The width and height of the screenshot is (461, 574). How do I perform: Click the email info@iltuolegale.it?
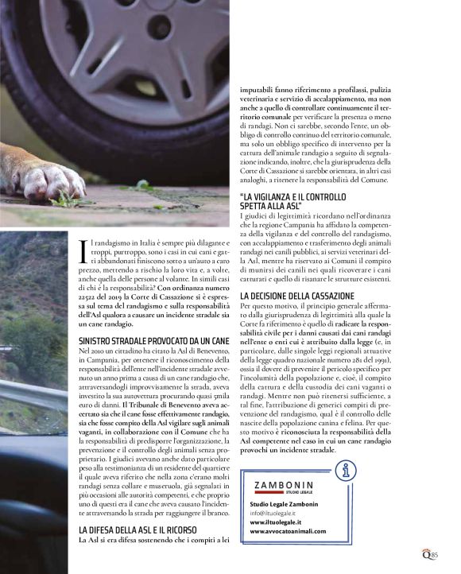pyautogui.click(x=276, y=513)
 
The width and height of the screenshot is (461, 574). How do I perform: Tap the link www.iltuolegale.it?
pyautogui.click(x=274, y=522)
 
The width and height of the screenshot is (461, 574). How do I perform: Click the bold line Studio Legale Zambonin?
pyautogui.click(x=283, y=504)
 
